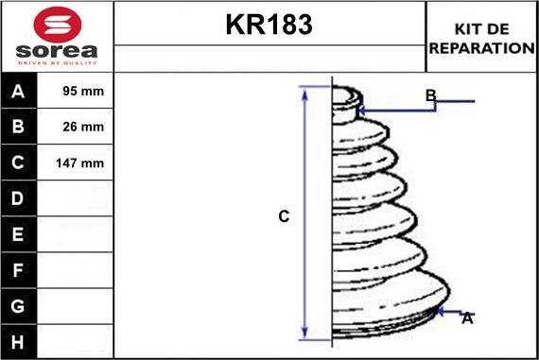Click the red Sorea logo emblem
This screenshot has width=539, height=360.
58,26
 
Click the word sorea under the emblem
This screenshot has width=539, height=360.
57,51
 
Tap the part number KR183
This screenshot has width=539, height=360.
269,25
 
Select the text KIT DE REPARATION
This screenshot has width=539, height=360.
481,39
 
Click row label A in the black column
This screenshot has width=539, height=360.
18,92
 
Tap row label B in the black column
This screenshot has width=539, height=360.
18,127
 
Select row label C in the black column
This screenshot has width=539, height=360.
18,163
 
